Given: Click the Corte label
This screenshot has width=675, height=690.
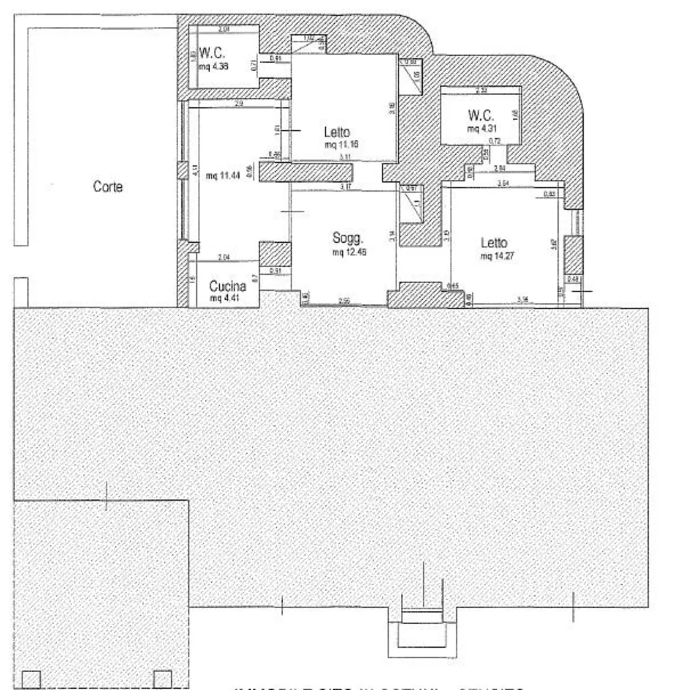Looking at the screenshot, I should tap(107, 187).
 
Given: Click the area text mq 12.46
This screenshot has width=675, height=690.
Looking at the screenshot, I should tap(349, 252).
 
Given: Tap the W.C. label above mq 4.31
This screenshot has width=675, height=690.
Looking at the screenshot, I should tap(480, 116).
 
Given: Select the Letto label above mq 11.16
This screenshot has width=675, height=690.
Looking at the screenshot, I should tap(337, 133).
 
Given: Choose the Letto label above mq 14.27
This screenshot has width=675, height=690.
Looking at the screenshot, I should tap(494, 243).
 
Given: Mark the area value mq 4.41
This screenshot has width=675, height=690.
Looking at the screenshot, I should tap(225, 298).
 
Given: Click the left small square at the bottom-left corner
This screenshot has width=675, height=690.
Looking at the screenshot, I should tap(31, 678).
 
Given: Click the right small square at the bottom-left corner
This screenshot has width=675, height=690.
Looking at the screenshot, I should tap(163, 678).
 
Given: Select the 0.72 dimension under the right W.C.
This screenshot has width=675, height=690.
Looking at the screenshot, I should tap(494, 141).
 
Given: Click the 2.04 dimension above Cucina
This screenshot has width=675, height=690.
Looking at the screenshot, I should tap(223, 257).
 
